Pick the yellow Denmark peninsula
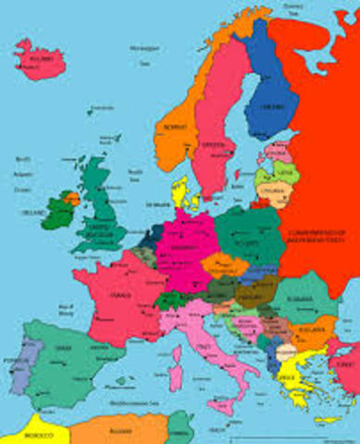click(x=183, y=193)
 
